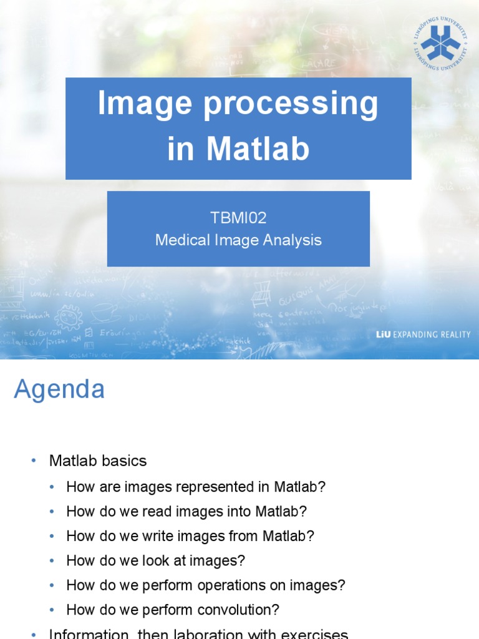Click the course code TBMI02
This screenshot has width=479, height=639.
(238, 218)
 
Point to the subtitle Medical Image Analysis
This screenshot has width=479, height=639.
(238, 240)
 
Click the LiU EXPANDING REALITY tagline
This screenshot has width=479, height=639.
(423, 334)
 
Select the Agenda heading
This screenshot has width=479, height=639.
(59, 389)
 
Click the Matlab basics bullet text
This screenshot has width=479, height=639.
(98, 461)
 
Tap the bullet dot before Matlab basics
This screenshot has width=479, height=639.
(34, 461)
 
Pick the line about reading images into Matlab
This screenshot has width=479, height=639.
(186, 512)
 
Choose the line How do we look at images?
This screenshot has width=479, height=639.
(155, 561)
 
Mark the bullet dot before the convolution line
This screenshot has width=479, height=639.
(52, 610)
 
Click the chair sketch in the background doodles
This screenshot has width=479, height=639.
(261, 293)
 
